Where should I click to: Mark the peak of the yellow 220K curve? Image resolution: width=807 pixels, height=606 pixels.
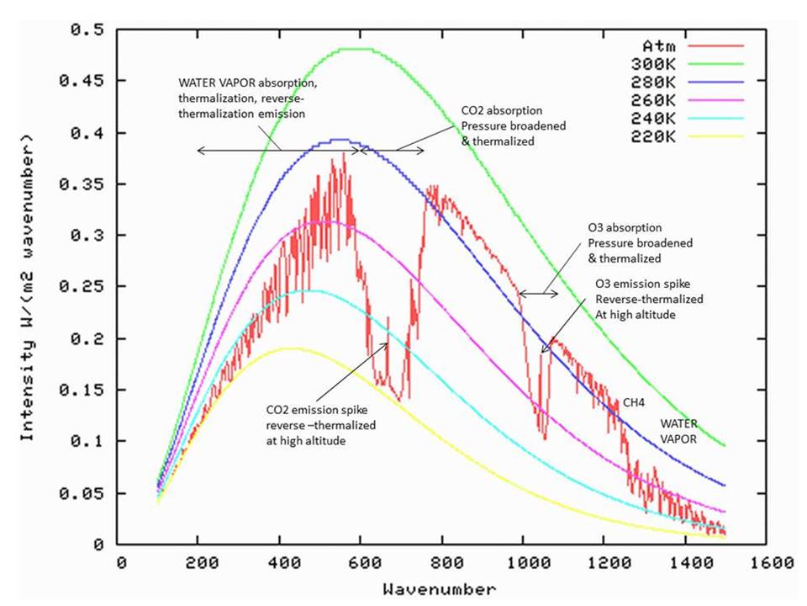point(288,348)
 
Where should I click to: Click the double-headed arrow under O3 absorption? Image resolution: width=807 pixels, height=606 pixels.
point(538,294)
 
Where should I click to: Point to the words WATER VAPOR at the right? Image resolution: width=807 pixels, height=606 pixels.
point(677,430)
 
